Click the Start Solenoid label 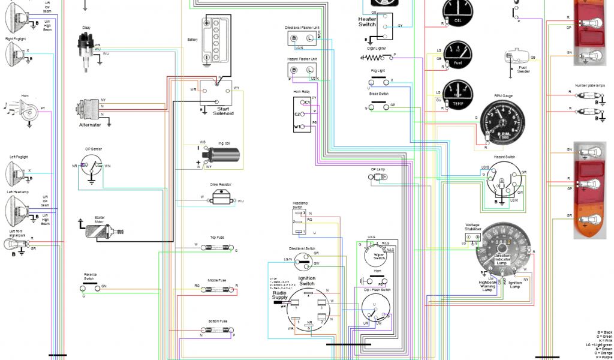(223, 110)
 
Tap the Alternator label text (90, 125)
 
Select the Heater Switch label (367, 22)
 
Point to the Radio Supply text (280, 295)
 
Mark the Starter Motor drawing (103, 230)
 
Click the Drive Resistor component (221, 198)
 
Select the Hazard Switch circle (502, 183)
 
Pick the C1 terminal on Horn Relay (305, 103)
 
